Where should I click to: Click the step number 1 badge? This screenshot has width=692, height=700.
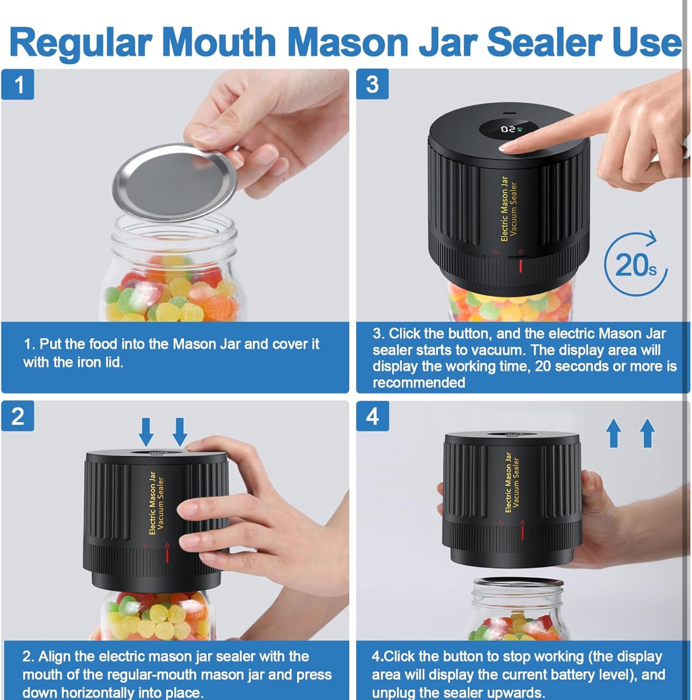(17, 84)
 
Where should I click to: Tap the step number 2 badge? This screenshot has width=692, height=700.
(17, 416)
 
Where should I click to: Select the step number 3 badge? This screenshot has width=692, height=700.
(372, 84)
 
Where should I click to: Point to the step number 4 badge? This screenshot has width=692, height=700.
(372, 416)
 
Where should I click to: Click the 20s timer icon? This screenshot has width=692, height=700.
(636, 264)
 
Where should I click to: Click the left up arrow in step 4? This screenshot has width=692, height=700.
(614, 433)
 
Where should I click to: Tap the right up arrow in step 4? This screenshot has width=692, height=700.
(647, 433)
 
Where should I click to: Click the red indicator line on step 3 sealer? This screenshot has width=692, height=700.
(520, 266)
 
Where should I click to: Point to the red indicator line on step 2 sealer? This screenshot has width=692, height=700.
(167, 556)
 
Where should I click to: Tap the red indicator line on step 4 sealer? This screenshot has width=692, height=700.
(522, 532)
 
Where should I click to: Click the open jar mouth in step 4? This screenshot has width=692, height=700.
(518, 583)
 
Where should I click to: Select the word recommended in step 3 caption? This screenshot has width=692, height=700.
(419, 383)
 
